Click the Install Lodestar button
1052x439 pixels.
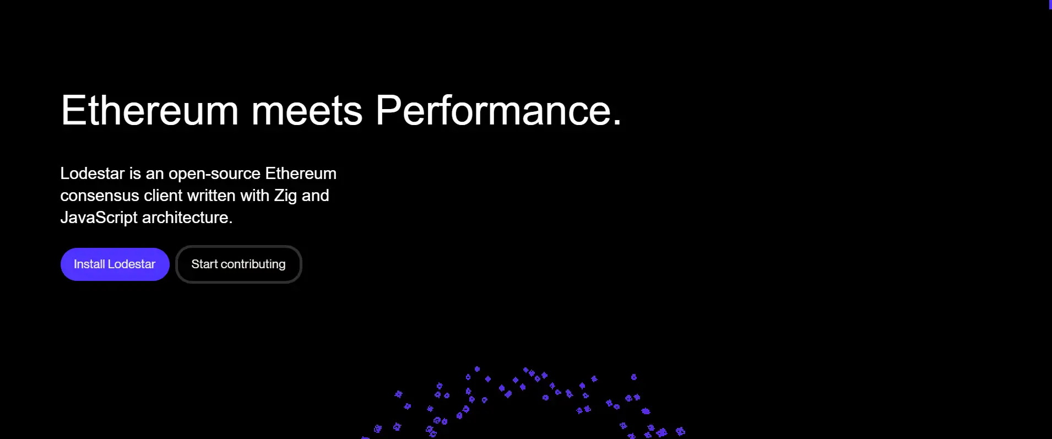pos(115,264)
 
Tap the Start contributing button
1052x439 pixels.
pos(238,264)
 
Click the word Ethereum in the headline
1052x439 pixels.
pos(150,110)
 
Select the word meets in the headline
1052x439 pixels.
pos(307,111)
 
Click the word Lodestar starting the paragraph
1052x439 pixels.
pos(93,174)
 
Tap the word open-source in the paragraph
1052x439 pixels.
pos(214,175)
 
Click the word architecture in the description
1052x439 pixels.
pos(185,218)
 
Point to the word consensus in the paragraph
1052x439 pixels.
pos(100,196)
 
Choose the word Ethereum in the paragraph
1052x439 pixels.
pos(301,174)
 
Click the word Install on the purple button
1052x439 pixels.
pos(89,264)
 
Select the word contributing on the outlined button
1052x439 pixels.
pos(253,265)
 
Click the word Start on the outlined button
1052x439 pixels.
pos(205,264)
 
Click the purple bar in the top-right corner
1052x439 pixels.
pos(1050,4)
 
